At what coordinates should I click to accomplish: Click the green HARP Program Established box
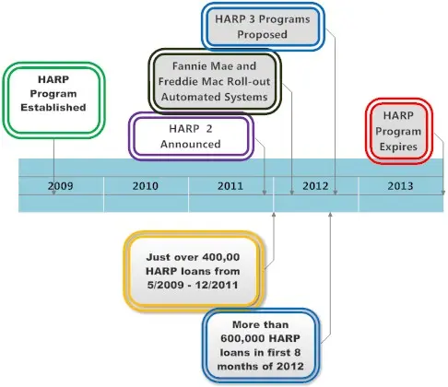pos(53,95)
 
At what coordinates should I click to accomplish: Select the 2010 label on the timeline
pos(145,186)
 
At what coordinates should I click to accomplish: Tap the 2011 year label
pos(230,186)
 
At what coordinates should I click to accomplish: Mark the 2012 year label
pos(315,186)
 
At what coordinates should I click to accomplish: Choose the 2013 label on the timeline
pos(400,186)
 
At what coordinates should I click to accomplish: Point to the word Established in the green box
pos(53,108)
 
